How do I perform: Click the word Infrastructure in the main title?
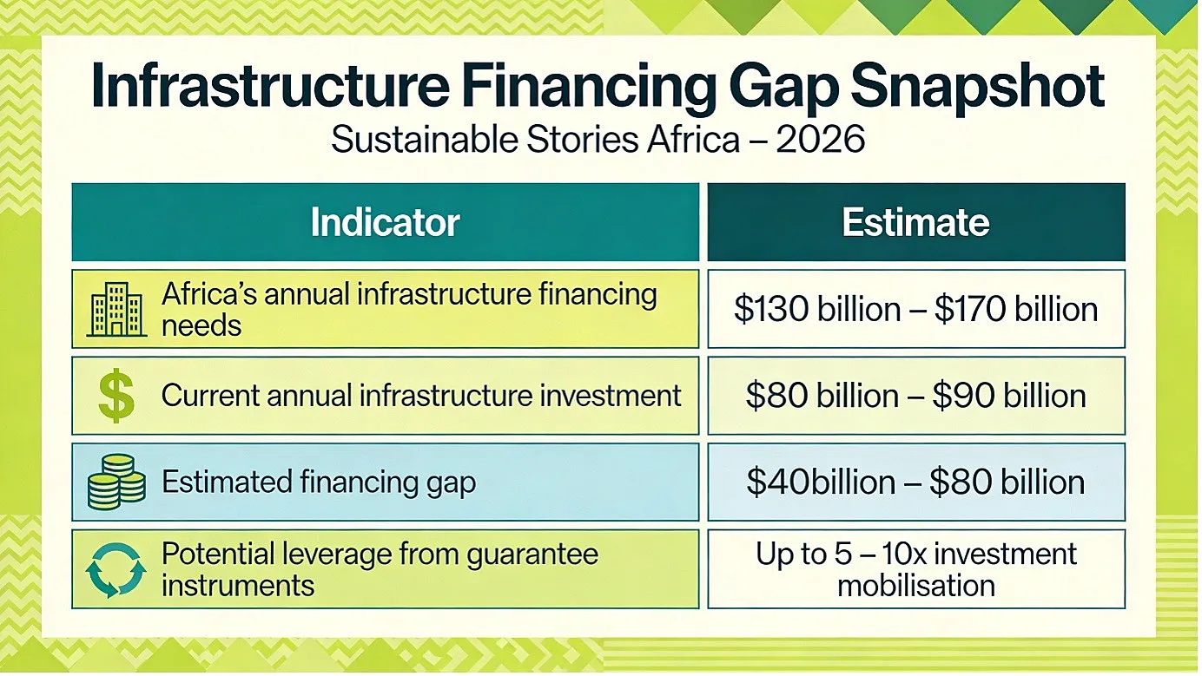[x=270, y=86]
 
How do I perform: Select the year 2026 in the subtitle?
[x=820, y=140]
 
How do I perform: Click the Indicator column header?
[x=386, y=222]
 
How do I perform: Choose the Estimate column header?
[x=915, y=222]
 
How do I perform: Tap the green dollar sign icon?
[x=116, y=397]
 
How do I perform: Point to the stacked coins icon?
[x=116, y=482]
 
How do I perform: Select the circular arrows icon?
[x=116, y=570]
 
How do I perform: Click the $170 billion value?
[x=1016, y=309]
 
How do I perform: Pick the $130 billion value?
[x=817, y=309]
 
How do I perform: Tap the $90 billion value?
[x=1009, y=397]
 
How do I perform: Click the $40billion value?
[x=821, y=482]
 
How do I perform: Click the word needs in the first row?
[x=201, y=326]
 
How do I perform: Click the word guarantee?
[x=532, y=555]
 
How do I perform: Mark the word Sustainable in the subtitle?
[x=425, y=140]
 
